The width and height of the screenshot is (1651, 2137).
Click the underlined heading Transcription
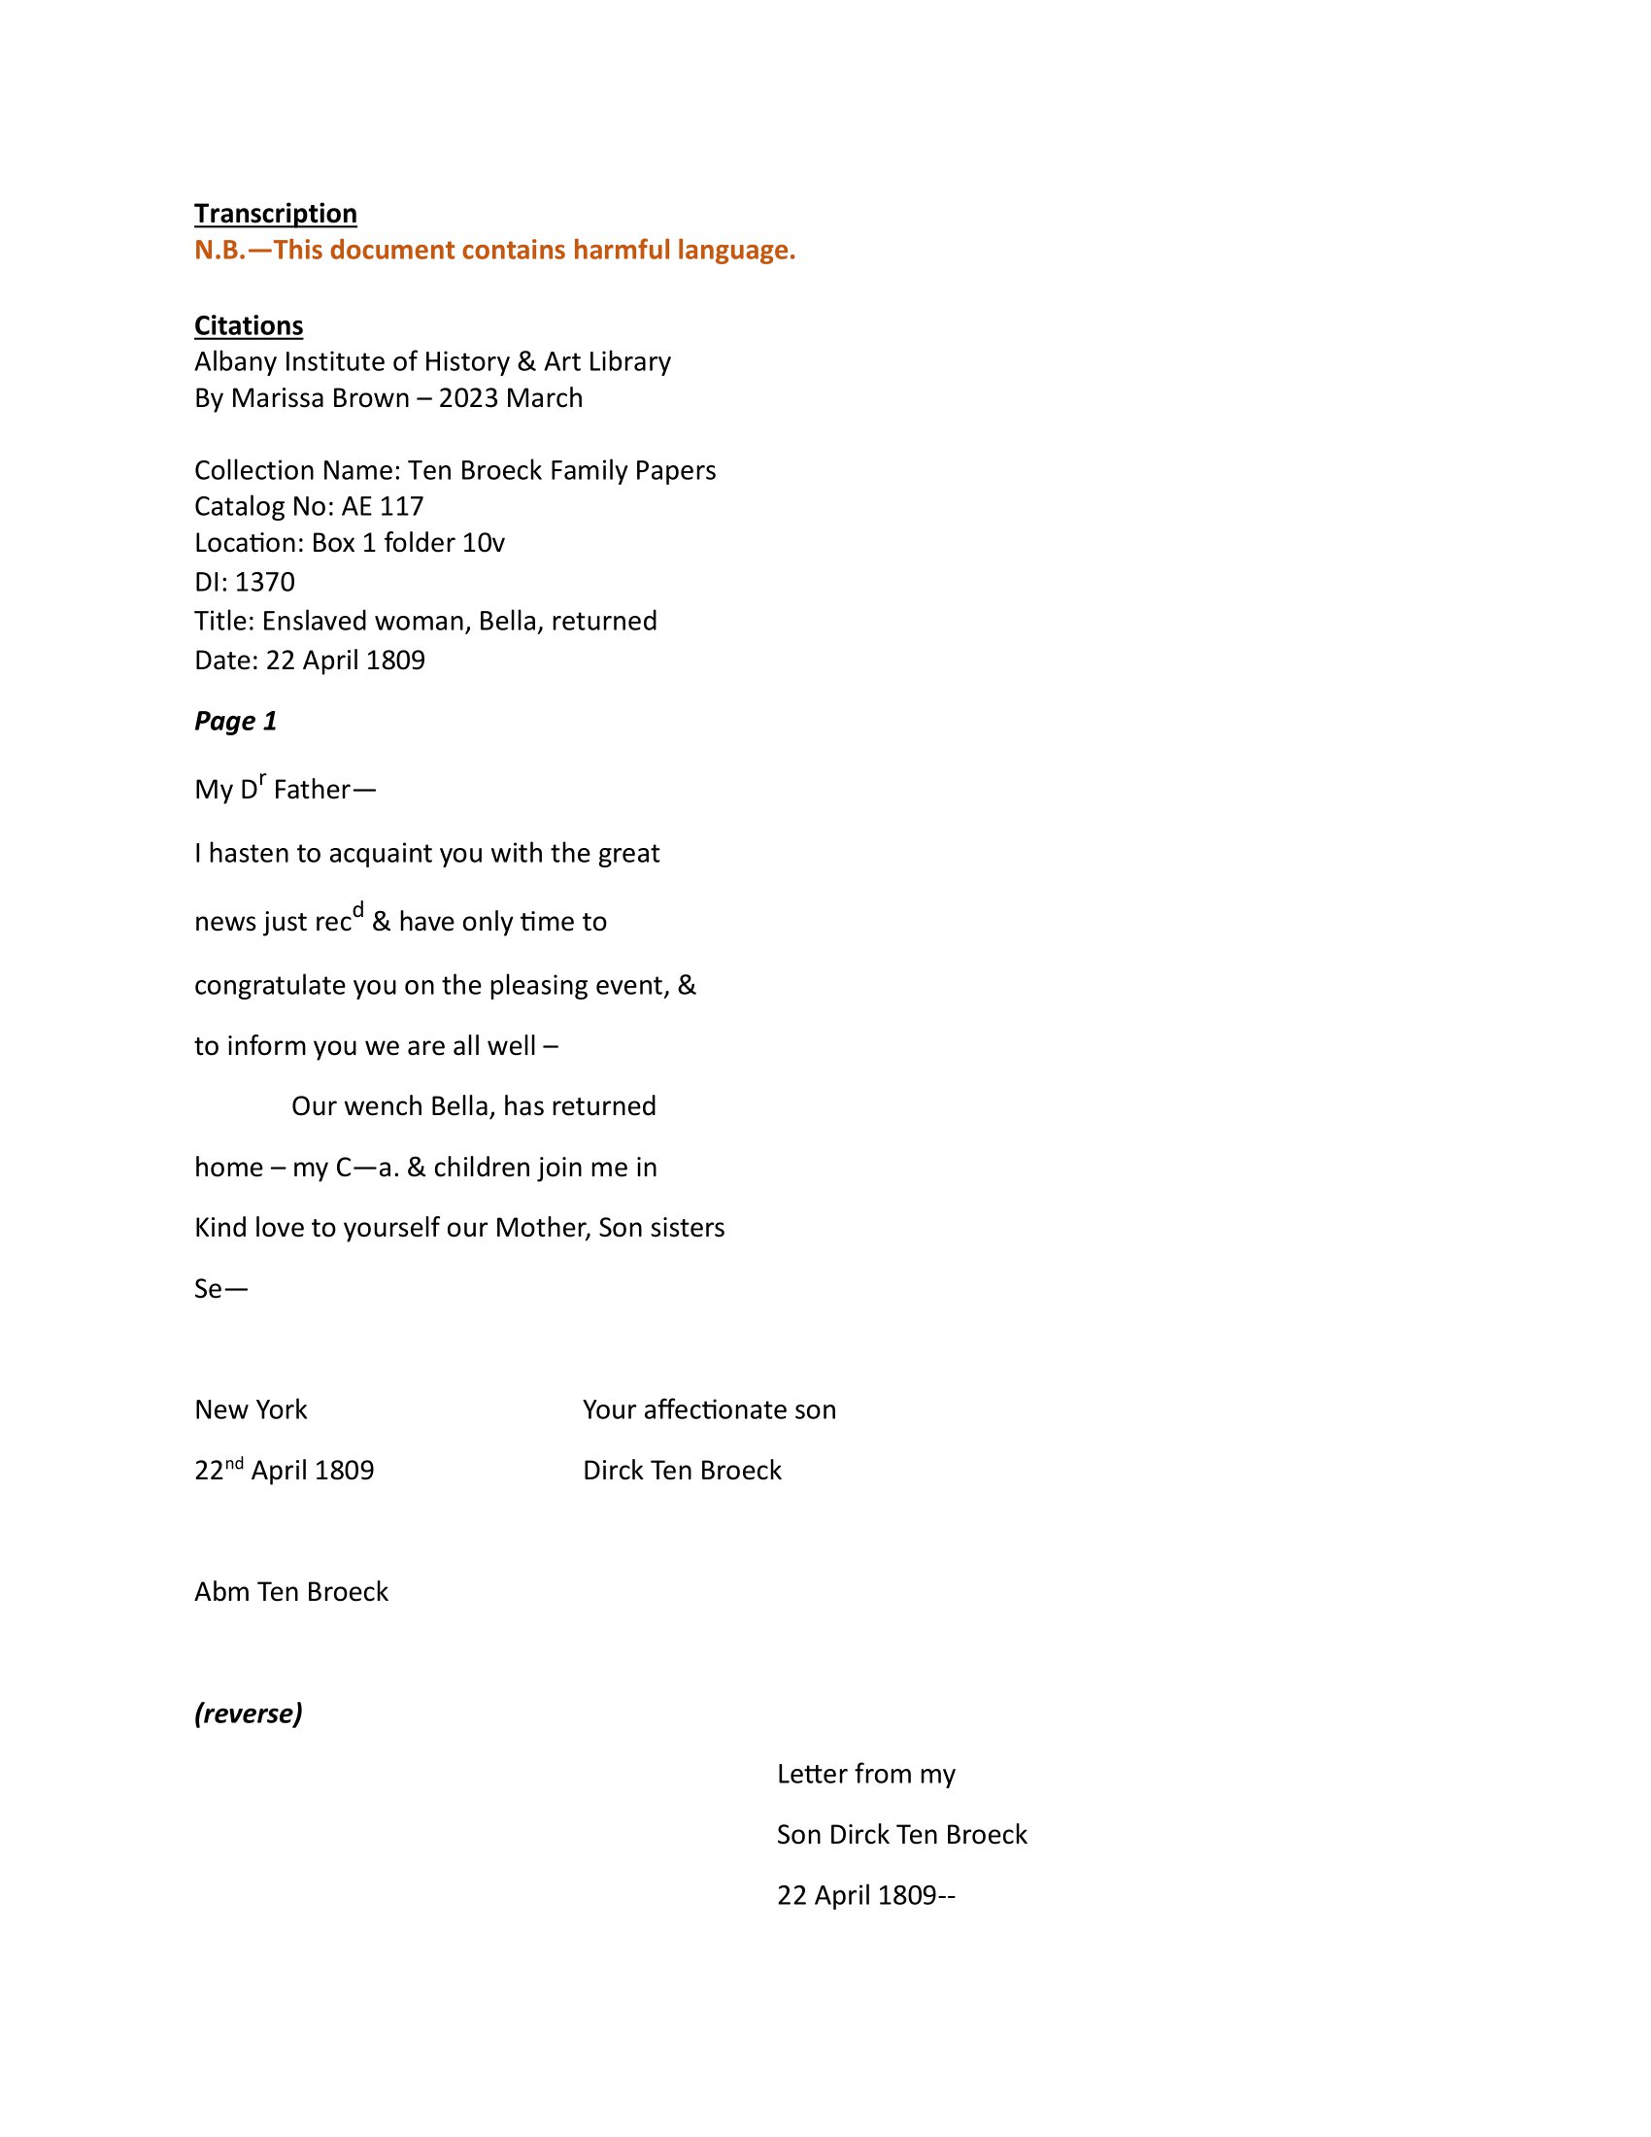[x=275, y=214]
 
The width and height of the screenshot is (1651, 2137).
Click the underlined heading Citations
[x=249, y=324]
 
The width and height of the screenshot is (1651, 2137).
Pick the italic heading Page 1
[x=236, y=721]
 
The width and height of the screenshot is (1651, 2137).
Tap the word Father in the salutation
[x=311, y=790]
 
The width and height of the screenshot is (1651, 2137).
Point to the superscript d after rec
[x=358, y=910]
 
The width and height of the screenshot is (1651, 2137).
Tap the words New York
[x=251, y=1410]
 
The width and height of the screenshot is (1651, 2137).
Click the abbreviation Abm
[x=222, y=1592]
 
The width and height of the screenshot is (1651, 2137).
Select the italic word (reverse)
[x=249, y=1713]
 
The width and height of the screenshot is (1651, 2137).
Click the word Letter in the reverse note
[x=813, y=1774]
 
